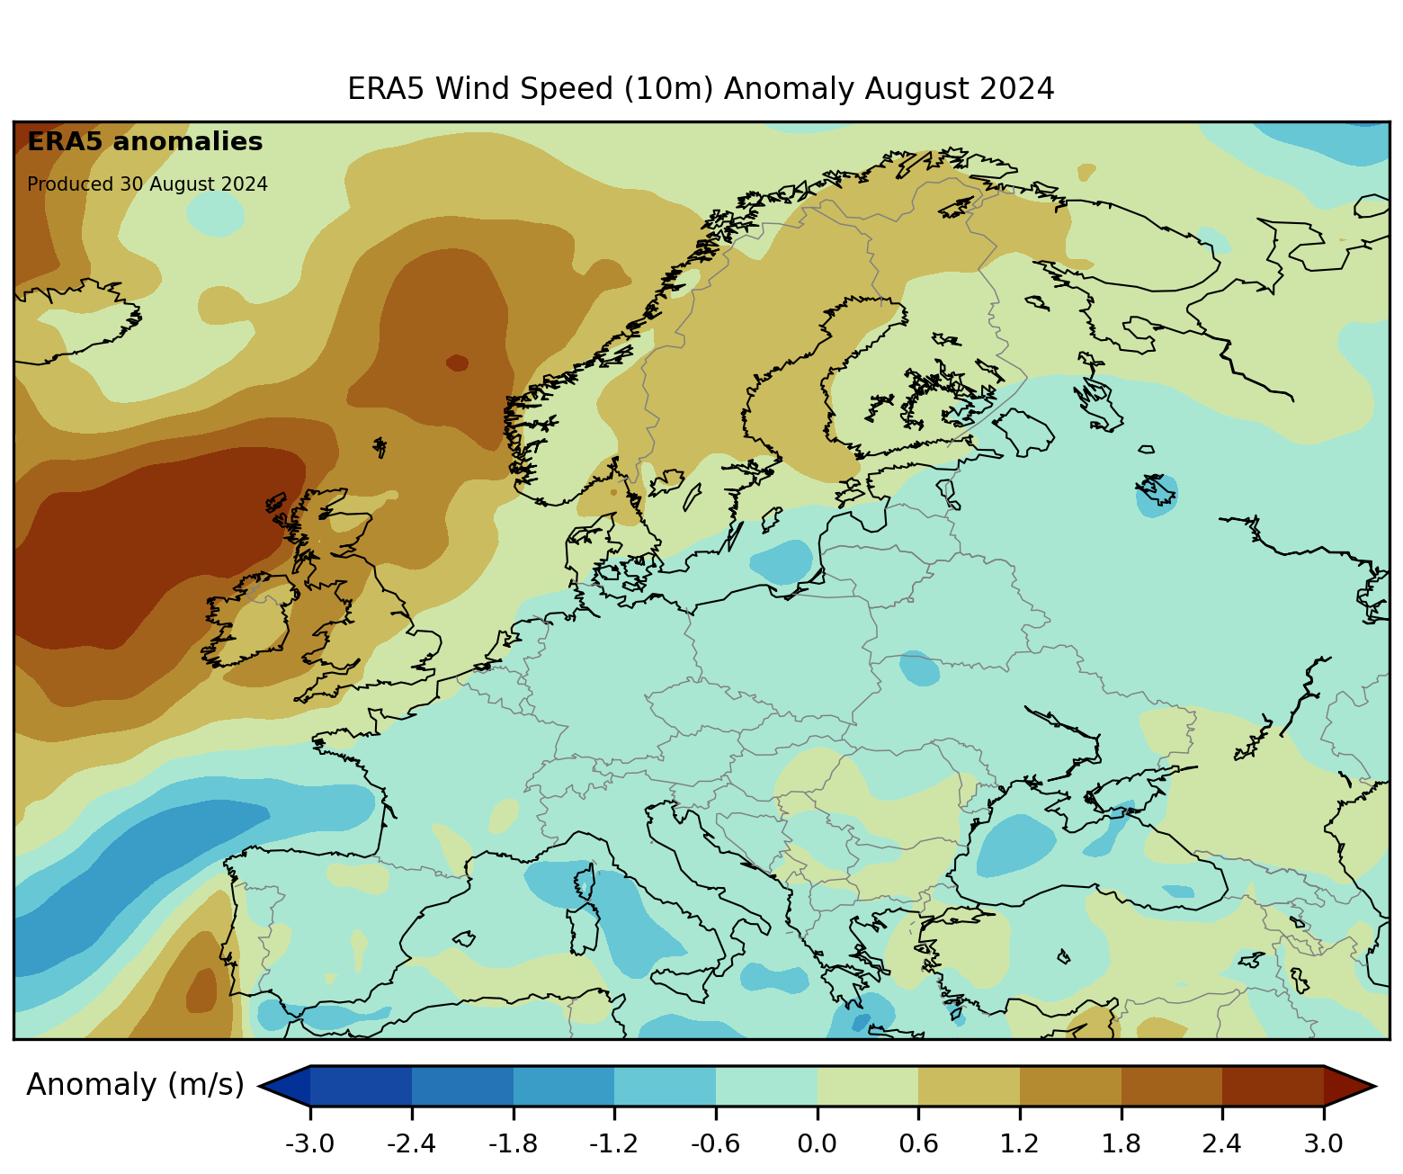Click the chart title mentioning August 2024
[701, 89]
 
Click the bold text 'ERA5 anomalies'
[145, 142]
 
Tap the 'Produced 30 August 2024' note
[147, 184]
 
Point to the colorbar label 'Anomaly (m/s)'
[135, 1085]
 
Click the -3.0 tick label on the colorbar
[310, 1144]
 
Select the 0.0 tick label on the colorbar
[817, 1144]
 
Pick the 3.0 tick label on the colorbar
[1323, 1144]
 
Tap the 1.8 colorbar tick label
[1121, 1144]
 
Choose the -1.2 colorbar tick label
[613, 1144]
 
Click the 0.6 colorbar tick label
[918, 1144]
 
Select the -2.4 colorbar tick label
[411, 1144]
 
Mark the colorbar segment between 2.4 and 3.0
[1273, 1086]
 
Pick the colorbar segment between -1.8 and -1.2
[564, 1086]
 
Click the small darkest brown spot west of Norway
[457, 363]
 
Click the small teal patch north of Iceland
[215, 214]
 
